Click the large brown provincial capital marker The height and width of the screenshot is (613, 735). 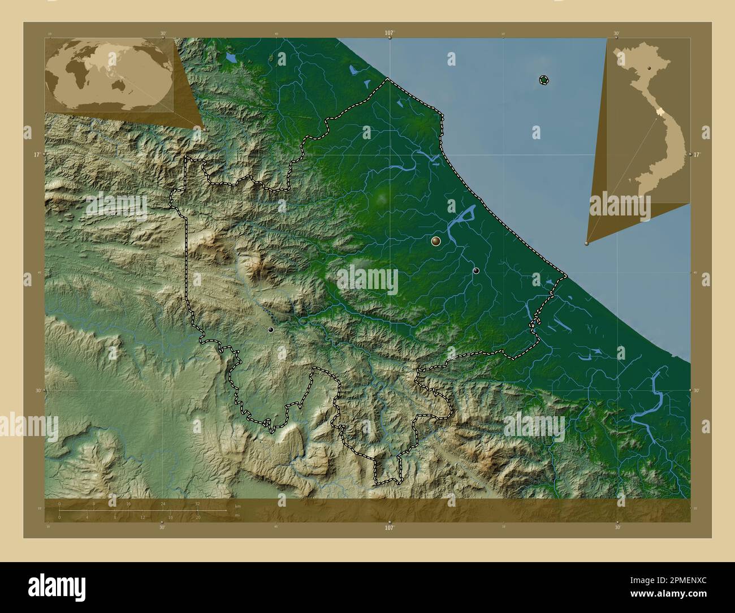coord(436,241)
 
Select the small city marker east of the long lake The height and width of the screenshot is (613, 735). coord(476,271)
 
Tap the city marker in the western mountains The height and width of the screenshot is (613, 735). coord(271,329)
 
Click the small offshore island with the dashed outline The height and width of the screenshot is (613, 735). coord(543,80)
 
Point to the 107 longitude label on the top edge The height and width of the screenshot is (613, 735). coord(389,33)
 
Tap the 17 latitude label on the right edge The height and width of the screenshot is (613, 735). coord(697,154)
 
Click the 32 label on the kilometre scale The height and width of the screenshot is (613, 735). coord(197,503)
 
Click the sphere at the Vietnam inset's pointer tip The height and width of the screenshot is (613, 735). coord(587,244)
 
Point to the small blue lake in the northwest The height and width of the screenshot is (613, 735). coord(230,58)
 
